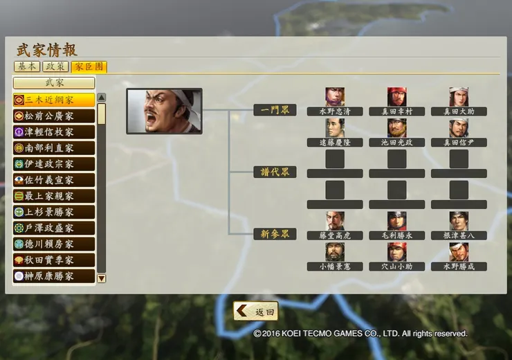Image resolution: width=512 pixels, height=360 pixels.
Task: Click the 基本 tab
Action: (x=27, y=66)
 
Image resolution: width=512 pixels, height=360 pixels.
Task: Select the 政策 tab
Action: (x=55, y=66)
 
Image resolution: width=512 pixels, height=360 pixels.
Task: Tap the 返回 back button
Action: (x=256, y=312)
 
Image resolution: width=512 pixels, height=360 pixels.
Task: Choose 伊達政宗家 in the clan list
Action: (x=54, y=164)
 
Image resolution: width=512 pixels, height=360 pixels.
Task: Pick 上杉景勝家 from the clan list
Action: (x=54, y=212)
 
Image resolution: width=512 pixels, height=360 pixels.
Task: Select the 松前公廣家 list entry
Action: (x=54, y=116)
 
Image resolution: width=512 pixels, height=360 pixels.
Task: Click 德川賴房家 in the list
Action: (x=54, y=244)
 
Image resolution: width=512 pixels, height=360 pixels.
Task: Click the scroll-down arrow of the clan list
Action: (x=102, y=278)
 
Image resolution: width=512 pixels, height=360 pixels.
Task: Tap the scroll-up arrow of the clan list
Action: (x=102, y=98)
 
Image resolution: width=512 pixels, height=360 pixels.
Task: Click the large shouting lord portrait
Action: (x=164, y=111)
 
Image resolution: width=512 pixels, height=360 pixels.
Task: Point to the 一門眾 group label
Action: (x=275, y=110)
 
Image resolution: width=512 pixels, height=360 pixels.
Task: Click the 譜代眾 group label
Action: (x=275, y=172)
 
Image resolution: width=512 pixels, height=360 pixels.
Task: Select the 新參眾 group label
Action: (x=275, y=234)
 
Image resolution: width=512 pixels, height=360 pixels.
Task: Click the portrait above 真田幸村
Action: (x=396, y=97)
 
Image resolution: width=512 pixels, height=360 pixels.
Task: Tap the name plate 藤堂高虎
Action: (x=335, y=235)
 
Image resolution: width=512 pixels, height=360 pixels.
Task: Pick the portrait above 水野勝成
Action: (x=459, y=252)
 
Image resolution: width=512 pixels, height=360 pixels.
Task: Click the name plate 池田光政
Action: (x=396, y=143)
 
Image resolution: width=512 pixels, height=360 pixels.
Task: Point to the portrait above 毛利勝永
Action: (x=396, y=221)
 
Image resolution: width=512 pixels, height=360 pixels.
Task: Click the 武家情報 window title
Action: (x=47, y=50)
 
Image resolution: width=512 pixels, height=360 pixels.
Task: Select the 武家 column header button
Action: (x=54, y=83)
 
